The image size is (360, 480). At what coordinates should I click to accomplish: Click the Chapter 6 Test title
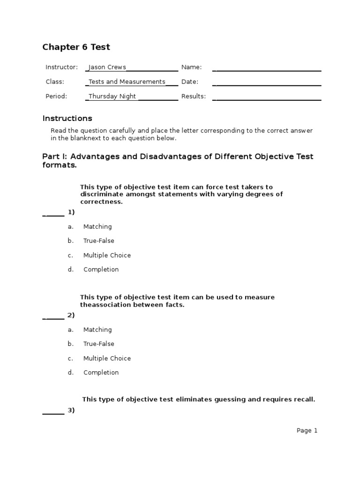tap(76, 47)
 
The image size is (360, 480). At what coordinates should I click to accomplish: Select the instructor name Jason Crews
tap(107, 67)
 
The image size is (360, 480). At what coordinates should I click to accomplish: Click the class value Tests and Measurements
tap(127, 82)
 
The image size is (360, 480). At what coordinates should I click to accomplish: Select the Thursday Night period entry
tap(112, 97)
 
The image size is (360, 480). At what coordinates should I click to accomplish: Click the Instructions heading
tap(67, 119)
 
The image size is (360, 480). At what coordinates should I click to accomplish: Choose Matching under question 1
tap(97, 227)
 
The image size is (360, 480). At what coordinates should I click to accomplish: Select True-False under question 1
tap(98, 241)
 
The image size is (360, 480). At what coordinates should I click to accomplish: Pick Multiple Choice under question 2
tap(107, 359)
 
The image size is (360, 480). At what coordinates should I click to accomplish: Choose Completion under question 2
tap(101, 373)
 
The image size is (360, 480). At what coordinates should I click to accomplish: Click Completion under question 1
tap(101, 270)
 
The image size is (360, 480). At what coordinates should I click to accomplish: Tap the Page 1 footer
tap(307, 431)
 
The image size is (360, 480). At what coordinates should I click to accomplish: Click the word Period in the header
tap(56, 97)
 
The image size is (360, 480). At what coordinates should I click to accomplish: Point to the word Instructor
tap(61, 67)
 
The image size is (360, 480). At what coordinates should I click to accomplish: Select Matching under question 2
tap(97, 330)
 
